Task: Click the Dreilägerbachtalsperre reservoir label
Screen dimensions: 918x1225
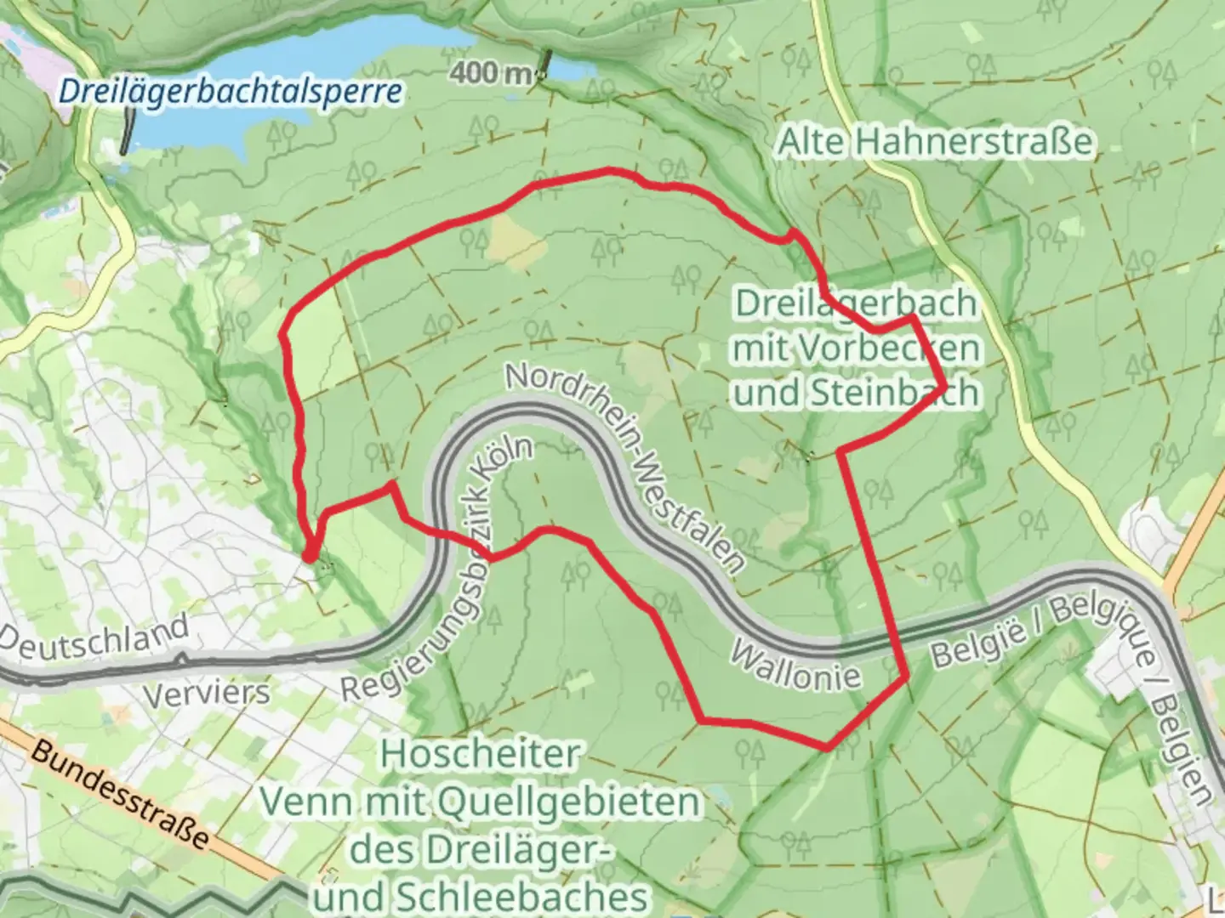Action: pyautogui.click(x=231, y=91)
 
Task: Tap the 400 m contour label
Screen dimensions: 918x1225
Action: pyautogui.click(x=491, y=73)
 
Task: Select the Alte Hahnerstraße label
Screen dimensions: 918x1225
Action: pyautogui.click(x=934, y=141)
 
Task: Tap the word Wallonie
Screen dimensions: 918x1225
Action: pyautogui.click(x=795, y=667)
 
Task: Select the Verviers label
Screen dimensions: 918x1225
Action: pyautogui.click(x=206, y=694)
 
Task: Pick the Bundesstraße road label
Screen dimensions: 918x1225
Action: pyautogui.click(x=120, y=794)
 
